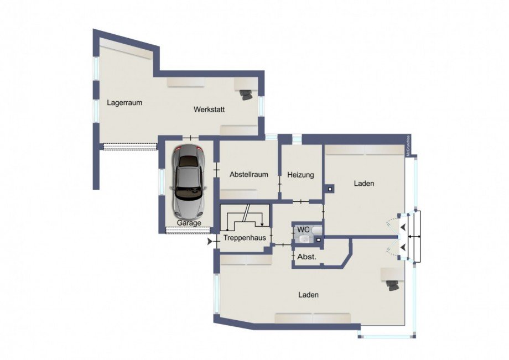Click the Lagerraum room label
click(125, 102)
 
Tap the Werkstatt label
click(209, 109)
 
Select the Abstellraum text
click(248, 175)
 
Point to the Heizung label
click(300, 175)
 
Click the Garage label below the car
click(189, 223)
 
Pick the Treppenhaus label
click(245, 238)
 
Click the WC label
click(303, 229)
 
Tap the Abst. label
click(307, 257)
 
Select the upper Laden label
click(363, 184)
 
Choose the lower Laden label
click(308, 295)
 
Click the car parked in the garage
click(188, 181)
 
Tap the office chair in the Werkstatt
click(246, 95)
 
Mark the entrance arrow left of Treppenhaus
click(210, 242)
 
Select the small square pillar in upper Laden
click(330, 190)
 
